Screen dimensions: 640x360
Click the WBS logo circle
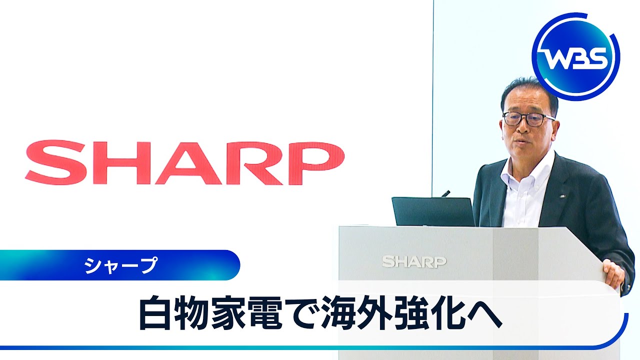(576, 56)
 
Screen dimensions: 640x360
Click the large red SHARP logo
(185, 162)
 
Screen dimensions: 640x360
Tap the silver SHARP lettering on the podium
(414, 262)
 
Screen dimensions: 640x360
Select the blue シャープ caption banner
(120, 265)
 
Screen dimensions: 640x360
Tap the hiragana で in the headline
(301, 313)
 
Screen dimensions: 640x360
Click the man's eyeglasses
(528, 119)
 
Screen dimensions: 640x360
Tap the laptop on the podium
(433, 211)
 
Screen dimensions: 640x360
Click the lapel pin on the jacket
(562, 196)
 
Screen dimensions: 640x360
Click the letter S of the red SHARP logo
(55, 162)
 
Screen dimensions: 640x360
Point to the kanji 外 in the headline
(375, 313)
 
